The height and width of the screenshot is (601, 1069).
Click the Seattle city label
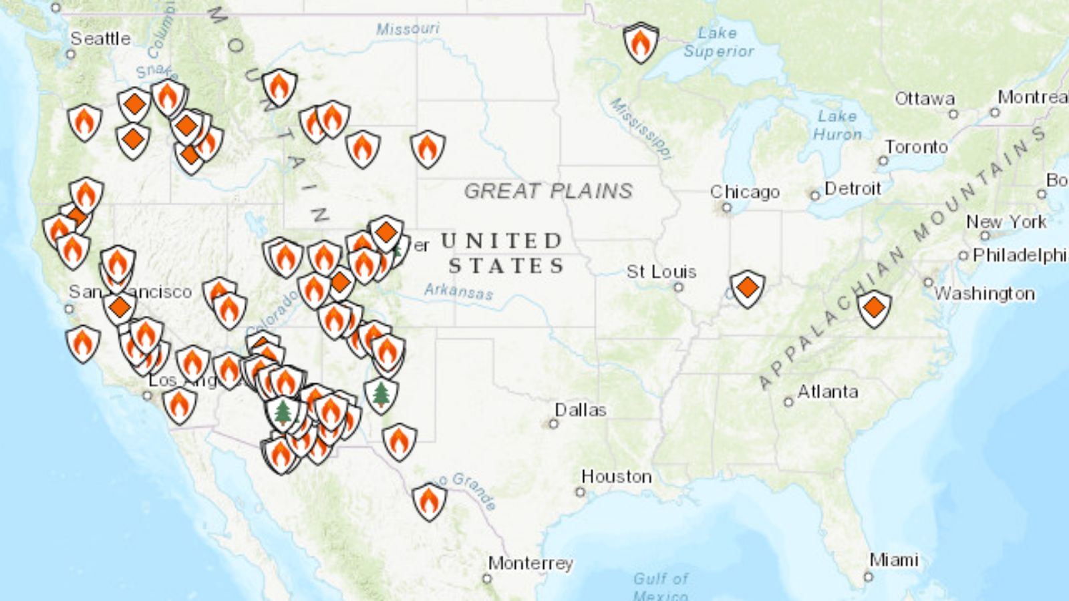100,39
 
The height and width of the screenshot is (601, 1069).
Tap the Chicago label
744,192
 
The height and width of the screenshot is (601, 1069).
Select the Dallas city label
580,410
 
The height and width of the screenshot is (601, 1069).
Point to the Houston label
616,477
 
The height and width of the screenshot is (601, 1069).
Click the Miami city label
893,560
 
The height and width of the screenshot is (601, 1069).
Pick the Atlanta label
827,392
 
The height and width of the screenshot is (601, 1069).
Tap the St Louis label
661,272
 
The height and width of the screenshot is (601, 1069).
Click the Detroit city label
852,189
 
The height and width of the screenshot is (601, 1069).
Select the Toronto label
916,147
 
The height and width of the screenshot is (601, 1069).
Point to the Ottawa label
924,99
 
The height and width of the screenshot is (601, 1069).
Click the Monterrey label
530,564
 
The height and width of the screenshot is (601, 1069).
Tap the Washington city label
984,294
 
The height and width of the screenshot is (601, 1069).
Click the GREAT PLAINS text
548,191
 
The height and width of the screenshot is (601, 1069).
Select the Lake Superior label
718,42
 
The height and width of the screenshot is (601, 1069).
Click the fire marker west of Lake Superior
641,43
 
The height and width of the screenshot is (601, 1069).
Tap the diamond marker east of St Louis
747,288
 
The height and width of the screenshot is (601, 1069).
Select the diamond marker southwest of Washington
874,308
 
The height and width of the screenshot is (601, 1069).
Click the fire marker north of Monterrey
429,501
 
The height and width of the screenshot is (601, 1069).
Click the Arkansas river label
458,290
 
